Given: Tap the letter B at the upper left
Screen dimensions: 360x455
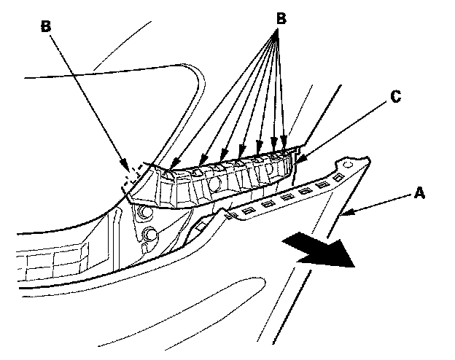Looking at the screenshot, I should click(x=45, y=26).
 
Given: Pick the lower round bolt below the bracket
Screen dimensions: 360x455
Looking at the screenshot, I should click(x=151, y=235).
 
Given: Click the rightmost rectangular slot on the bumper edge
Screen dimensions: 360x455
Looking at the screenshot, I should click(x=337, y=177).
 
